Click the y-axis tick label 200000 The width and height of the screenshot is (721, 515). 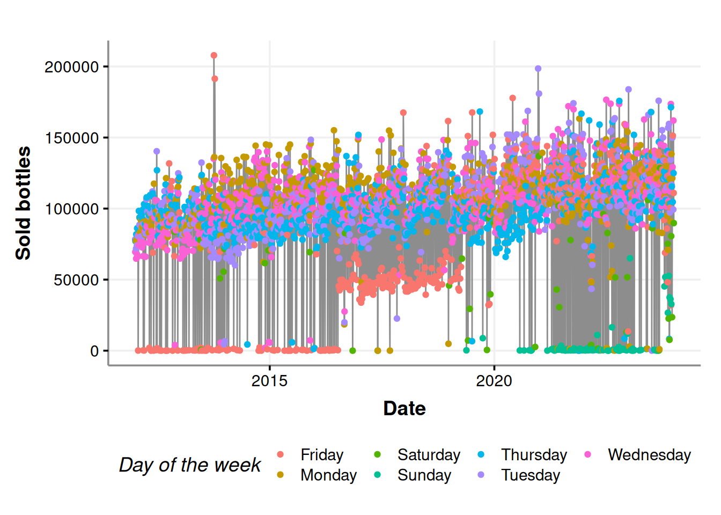click(72, 67)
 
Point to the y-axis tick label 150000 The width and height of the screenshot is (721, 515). click(72, 138)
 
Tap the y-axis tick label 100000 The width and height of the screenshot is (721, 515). click(72, 209)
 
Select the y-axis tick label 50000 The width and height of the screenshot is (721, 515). click(76, 279)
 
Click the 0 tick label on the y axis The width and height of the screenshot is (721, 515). click(94, 351)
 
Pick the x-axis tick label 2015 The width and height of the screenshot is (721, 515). click(269, 381)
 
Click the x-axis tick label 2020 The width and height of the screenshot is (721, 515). click(494, 381)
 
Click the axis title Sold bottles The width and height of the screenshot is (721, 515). click(23, 203)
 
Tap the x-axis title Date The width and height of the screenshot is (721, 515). click(404, 409)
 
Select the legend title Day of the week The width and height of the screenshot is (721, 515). click(190, 465)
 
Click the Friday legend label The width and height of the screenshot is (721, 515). click(322, 455)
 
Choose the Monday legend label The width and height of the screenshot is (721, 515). click(328, 475)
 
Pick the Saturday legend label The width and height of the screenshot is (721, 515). click(429, 455)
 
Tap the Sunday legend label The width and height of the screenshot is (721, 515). click(424, 475)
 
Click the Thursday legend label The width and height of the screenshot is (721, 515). click(534, 455)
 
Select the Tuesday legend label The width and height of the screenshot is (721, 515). click(531, 475)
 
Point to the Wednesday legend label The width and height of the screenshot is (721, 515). click(649, 455)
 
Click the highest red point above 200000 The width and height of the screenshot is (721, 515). click(214, 55)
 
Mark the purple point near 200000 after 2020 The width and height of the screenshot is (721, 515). click(538, 69)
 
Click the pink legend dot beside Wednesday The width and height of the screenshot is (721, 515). click(588, 455)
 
